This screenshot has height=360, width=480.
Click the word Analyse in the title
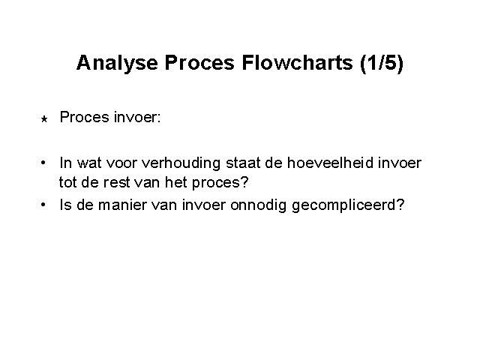point(117,64)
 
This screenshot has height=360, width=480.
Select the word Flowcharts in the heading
point(297,62)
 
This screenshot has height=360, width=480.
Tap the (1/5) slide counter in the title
point(382,63)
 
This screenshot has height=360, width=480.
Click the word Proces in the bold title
point(199,62)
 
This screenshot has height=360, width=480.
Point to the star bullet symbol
point(44,118)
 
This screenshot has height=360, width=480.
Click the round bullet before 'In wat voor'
point(43,162)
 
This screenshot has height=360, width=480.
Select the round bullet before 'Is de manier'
point(43,204)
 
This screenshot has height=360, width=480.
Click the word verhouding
point(181,163)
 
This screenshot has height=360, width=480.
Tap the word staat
point(243,163)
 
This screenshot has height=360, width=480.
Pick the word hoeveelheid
point(330,163)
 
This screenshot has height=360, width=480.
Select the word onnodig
point(258,205)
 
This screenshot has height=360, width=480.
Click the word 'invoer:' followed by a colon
point(137,117)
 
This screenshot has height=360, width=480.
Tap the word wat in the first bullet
point(89,163)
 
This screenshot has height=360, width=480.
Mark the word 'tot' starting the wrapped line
point(67,183)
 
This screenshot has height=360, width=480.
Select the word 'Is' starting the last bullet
point(65,205)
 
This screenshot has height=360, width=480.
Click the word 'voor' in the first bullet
point(121,163)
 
